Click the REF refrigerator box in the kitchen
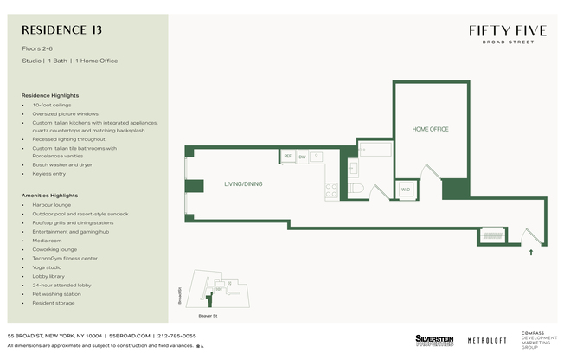click(x=287, y=157)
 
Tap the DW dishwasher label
click(x=302, y=157)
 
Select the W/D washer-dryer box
click(x=405, y=190)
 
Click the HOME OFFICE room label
click(x=430, y=129)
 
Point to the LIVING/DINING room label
click(x=243, y=184)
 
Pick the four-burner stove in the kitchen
click(x=330, y=189)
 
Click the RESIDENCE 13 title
click(x=61, y=29)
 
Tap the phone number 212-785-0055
click(x=176, y=336)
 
